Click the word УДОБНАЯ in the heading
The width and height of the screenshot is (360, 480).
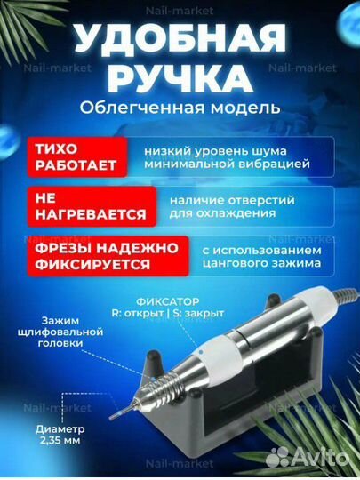tap(180, 40)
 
